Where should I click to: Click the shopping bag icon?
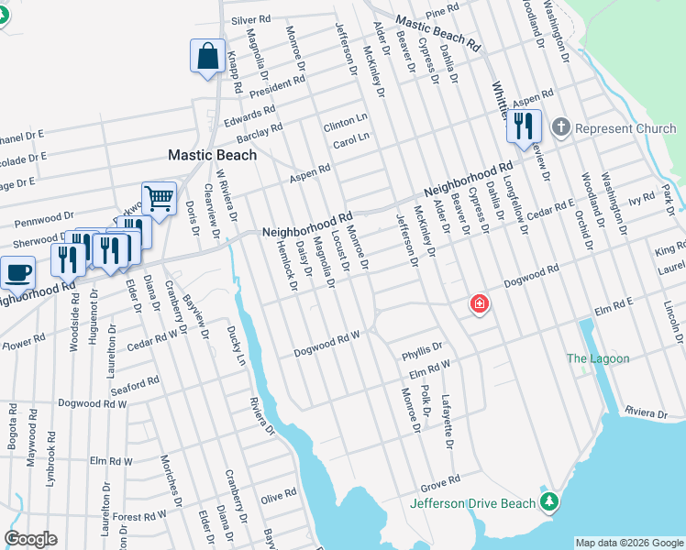coord(208,55)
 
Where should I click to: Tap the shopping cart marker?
coord(159,197)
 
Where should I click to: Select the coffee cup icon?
coord(17,271)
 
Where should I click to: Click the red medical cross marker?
coord(478,303)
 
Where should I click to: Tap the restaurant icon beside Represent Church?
coord(524,126)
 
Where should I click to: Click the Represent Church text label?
coord(625,128)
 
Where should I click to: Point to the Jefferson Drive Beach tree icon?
coord(548,501)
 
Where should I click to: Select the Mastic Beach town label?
coord(212,155)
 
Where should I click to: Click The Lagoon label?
coord(598,358)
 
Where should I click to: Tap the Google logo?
coord(30,538)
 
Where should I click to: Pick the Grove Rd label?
coord(440,481)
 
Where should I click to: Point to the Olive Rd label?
coord(279,495)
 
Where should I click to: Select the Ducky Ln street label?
coord(237,346)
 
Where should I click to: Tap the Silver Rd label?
coord(251,19)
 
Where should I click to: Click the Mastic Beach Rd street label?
coord(437,33)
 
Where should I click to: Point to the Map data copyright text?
coord(629,542)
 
